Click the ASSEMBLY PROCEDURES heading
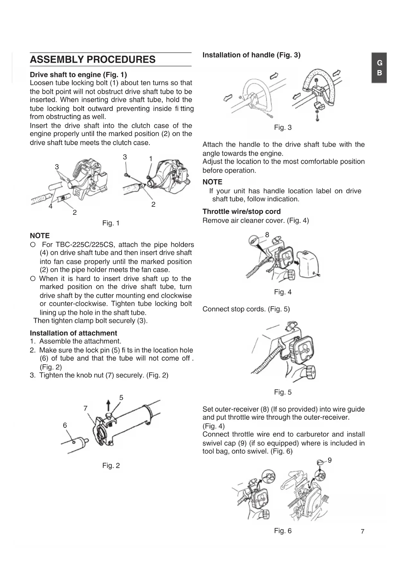click(x=93, y=59)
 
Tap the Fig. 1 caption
click(x=111, y=223)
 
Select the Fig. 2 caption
click(x=111, y=466)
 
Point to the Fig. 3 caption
click(x=283, y=128)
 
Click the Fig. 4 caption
click(x=283, y=292)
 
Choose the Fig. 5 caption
click(x=283, y=392)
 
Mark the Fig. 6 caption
click(x=283, y=531)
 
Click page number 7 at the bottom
click(x=362, y=532)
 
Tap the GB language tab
click(x=379, y=68)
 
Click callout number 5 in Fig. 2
click(x=121, y=398)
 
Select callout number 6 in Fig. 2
click(x=65, y=425)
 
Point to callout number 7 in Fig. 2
click(x=86, y=408)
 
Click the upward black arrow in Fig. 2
click(x=108, y=406)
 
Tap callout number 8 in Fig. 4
click(x=267, y=235)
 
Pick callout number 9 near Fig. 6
click(x=330, y=460)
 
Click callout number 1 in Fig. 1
click(x=151, y=159)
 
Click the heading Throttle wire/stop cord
click(x=241, y=212)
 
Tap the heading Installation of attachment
click(x=73, y=333)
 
